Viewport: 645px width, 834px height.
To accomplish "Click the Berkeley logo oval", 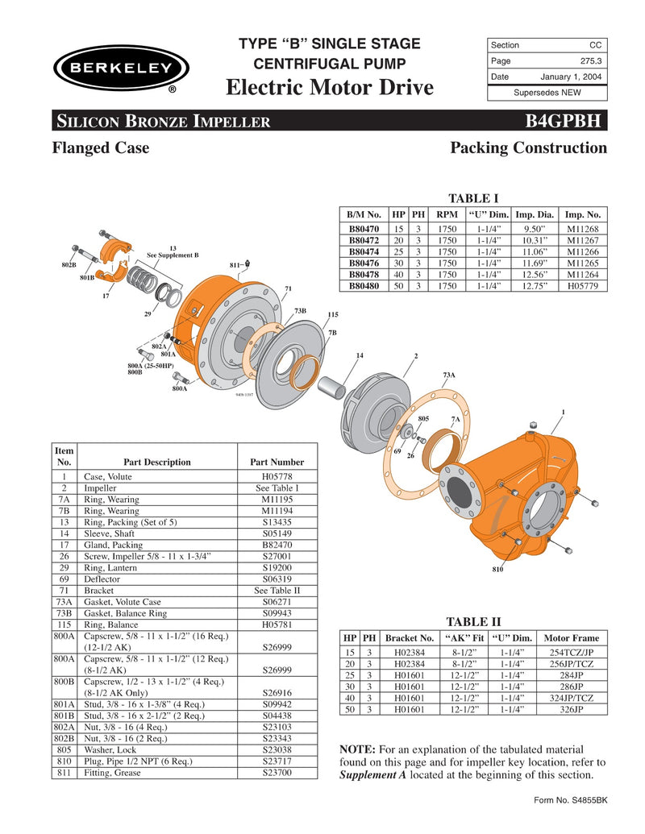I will [x=121, y=68].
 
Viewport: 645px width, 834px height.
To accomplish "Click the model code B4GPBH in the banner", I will [x=563, y=122].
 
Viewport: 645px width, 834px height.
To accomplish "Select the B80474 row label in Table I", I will [x=364, y=251].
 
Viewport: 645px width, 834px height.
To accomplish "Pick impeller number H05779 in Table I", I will [x=583, y=284].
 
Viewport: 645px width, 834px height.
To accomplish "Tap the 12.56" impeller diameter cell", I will [x=535, y=273].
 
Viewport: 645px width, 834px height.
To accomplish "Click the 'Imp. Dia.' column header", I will [x=535, y=215].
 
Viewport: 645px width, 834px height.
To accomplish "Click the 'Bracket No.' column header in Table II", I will [x=410, y=637].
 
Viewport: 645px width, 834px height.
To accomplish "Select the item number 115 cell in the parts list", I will [x=64, y=624].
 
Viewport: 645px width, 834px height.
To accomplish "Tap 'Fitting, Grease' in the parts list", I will [x=112, y=773].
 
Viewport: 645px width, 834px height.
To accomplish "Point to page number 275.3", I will [x=592, y=61].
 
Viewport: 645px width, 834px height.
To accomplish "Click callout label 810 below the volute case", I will [x=497, y=570].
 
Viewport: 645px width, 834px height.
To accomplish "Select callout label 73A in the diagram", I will [x=449, y=375].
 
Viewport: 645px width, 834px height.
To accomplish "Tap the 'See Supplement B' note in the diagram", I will [x=173, y=255].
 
